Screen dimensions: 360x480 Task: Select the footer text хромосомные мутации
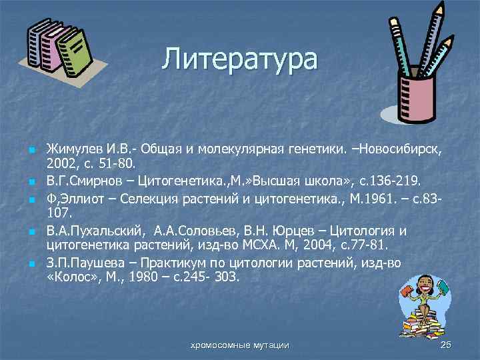point(240,345)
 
